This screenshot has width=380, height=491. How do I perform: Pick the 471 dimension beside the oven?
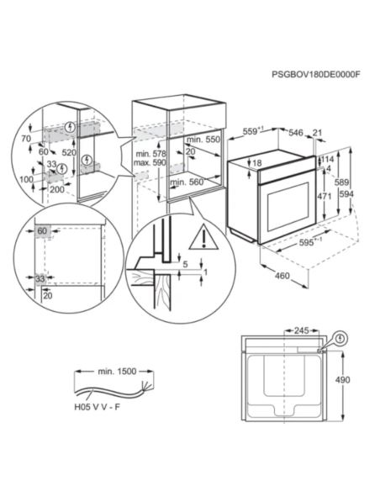click(x=323, y=195)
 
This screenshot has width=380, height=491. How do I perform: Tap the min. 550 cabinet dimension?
click(x=203, y=138)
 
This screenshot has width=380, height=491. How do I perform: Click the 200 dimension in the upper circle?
click(x=57, y=191)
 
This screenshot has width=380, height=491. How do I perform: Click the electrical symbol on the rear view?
click(x=340, y=339)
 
